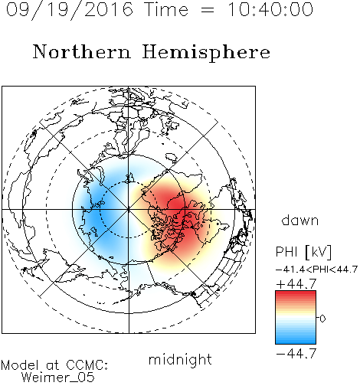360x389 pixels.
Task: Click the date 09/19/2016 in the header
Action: [x=70, y=10]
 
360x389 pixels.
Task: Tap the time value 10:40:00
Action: [x=270, y=9]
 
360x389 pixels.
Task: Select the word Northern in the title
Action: [x=82, y=51]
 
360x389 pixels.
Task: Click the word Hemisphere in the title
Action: [x=206, y=53]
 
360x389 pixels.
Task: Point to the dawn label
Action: [x=300, y=220]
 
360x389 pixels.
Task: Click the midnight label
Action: [x=180, y=359]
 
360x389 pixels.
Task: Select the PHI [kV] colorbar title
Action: [x=304, y=252]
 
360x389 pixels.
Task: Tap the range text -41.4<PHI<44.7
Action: [x=316, y=270]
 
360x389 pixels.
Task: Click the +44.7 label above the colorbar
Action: [x=296, y=284]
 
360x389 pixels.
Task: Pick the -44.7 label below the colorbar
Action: [x=296, y=354]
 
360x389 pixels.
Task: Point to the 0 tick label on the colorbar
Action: [x=322, y=319]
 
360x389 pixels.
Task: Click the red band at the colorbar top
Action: [x=296, y=296]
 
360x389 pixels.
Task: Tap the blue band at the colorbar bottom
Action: [x=296, y=339]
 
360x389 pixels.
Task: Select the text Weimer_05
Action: [x=58, y=378]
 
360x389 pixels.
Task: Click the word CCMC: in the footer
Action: [x=87, y=365]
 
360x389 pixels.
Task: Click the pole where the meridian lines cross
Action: [x=129, y=210]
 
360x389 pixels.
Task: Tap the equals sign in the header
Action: [x=208, y=11]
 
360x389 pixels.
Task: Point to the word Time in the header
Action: [x=166, y=9]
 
